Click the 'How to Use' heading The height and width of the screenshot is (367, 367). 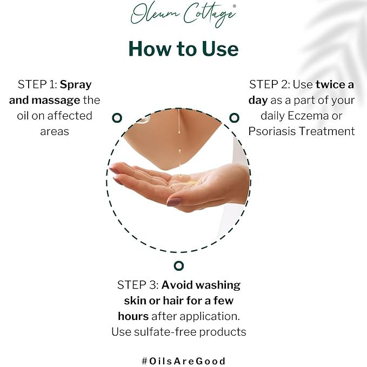click(183, 49)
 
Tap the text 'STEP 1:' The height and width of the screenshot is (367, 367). click(37, 85)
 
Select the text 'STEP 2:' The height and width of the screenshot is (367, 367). click(269, 85)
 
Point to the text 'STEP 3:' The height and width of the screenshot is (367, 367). click(137, 285)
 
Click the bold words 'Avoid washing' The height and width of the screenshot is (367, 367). click(201, 285)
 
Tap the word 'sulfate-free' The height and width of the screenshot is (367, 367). click(168, 332)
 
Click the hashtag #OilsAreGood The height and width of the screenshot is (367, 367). click(183, 361)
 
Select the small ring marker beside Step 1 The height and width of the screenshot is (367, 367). click(117, 117)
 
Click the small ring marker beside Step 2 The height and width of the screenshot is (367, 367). click(234, 117)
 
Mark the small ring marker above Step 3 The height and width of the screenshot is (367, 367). click(179, 265)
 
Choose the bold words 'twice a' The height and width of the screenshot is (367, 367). click(335, 85)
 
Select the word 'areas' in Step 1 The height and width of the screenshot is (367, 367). click(55, 131)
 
